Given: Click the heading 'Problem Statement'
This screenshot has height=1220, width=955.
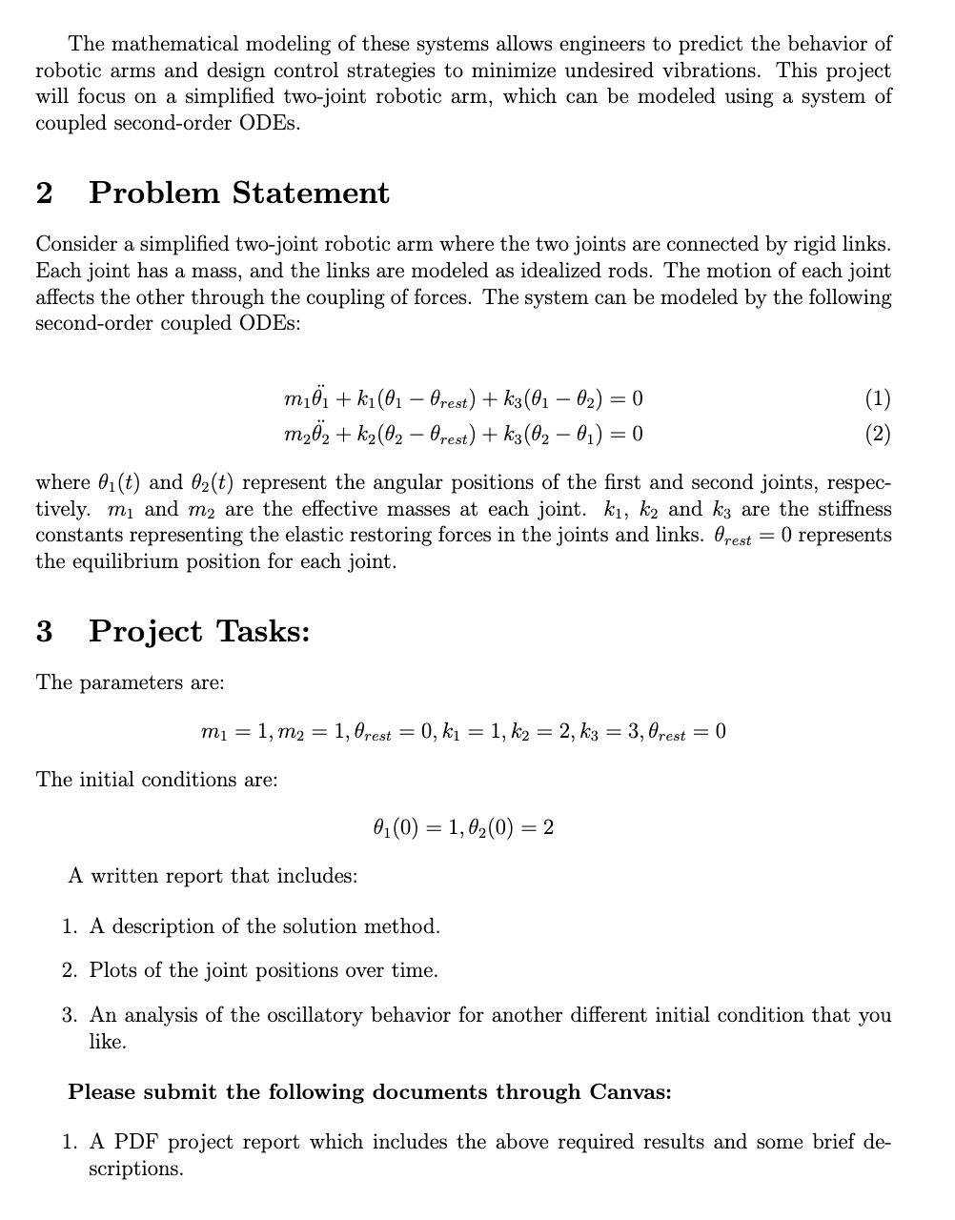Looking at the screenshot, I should pyautogui.click(x=239, y=193).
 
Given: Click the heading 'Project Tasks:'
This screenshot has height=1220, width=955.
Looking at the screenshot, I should pyautogui.click(x=199, y=631).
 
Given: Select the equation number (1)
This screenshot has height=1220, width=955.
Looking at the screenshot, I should pyautogui.click(x=877, y=397).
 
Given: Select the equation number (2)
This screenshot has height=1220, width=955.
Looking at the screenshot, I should pyautogui.click(x=877, y=435).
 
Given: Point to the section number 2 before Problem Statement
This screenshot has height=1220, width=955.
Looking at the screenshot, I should pyautogui.click(x=44, y=193).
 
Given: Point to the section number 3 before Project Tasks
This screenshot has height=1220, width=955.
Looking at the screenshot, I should pyautogui.click(x=44, y=631).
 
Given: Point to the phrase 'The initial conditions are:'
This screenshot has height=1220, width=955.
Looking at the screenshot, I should pyautogui.click(x=157, y=780).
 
